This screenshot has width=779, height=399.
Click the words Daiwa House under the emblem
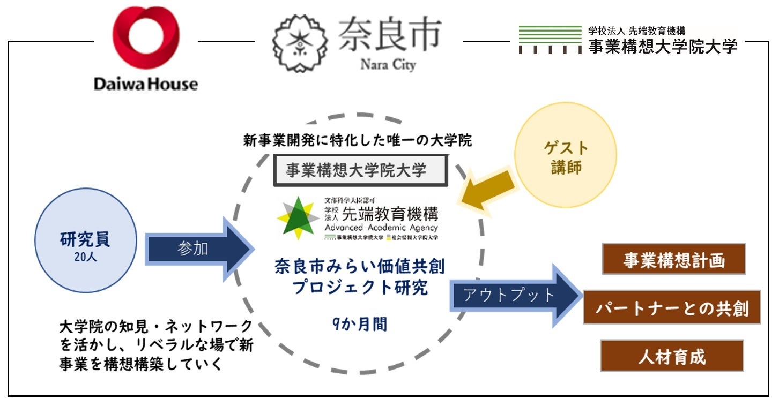point(145,84)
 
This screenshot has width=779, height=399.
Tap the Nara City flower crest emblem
point(299,46)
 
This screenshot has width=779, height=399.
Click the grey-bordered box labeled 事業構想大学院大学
point(359,170)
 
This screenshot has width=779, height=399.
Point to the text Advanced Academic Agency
point(381,228)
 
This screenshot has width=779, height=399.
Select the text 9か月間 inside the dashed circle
point(359,325)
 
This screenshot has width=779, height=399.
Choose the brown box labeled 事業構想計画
point(673,260)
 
